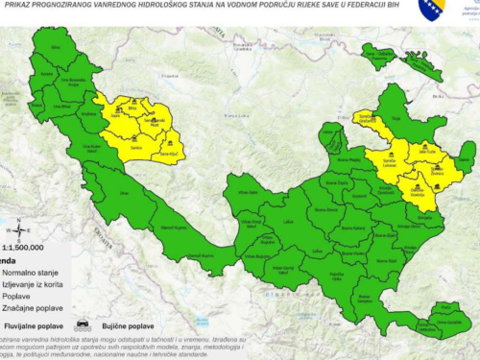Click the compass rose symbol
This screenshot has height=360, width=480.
click(x=19, y=229)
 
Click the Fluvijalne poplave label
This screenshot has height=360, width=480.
click(x=38, y=327)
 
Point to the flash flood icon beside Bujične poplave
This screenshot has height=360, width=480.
click(x=83, y=325)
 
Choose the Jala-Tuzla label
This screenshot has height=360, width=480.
click(x=424, y=150)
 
